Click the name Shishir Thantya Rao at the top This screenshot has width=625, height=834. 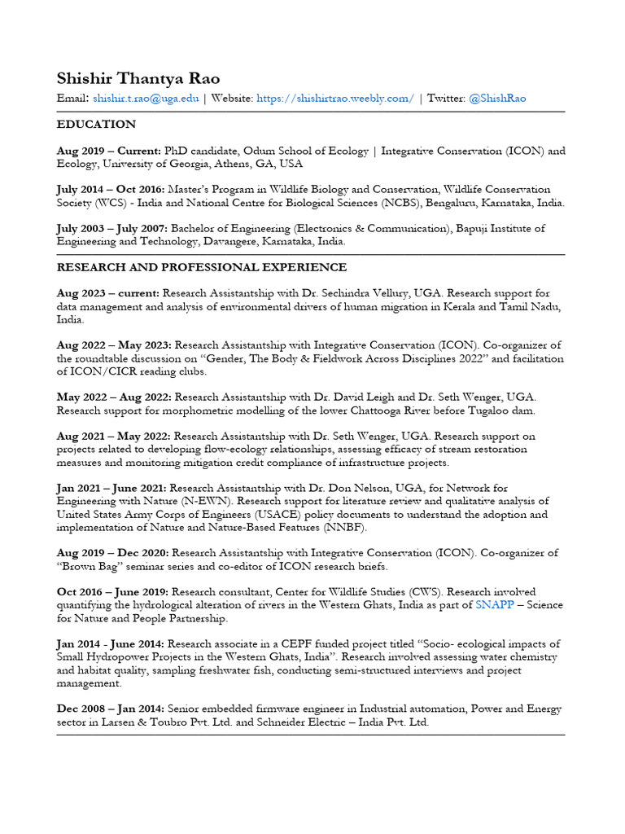[x=138, y=79]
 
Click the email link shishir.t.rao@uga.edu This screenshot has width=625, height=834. [x=146, y=99]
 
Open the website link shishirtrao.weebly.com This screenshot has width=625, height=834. [x=335, y=99]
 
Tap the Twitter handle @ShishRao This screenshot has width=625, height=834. [x=497, y=99]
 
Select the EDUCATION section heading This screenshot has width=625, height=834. [x=96, y=125]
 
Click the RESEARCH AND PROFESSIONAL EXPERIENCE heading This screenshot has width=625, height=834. [x=202, y=267]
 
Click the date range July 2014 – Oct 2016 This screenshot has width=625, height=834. [x=110, y=190]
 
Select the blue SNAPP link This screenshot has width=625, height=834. [x=495, y=605]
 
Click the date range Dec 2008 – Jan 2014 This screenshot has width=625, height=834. [x=109, y=709]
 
